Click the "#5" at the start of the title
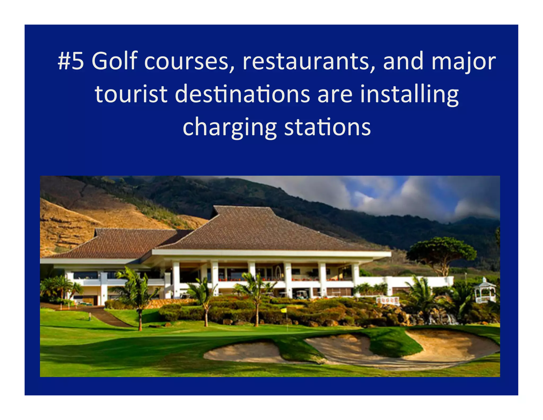tap(71, 61)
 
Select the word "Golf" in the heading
tap(115, 61)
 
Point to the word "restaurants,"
tap(309, 62)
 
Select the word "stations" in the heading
tap(327, 127)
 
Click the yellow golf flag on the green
tap(284, 310)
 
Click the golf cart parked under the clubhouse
tap(302, 294)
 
